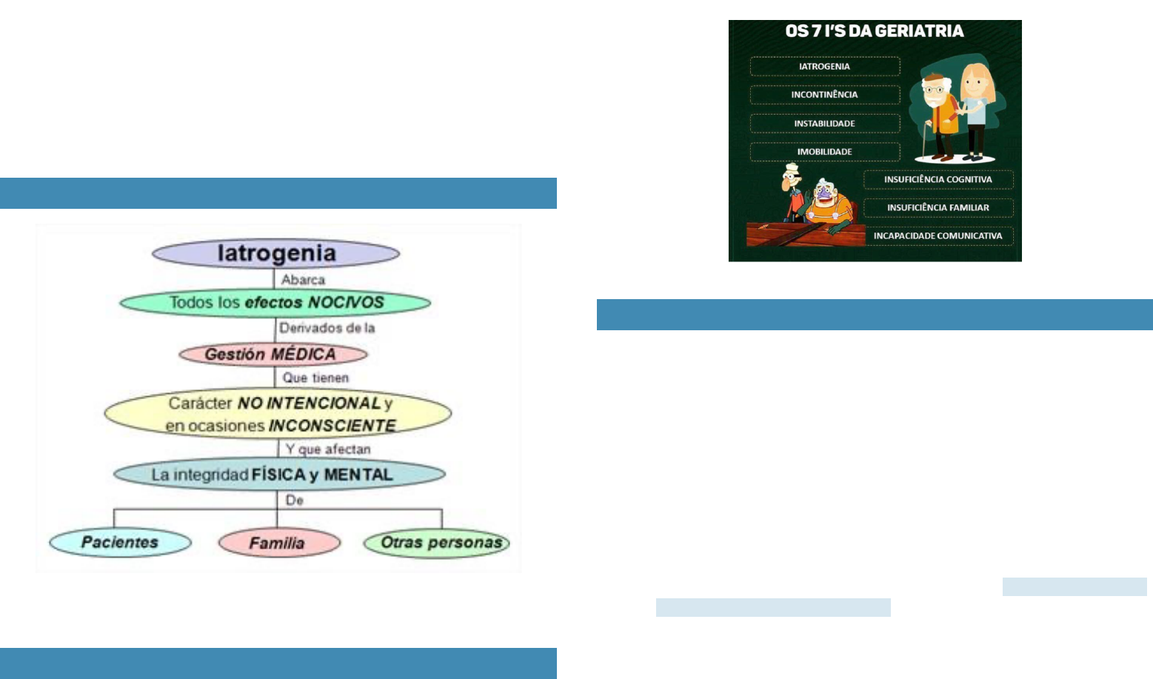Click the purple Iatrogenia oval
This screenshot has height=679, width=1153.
[x=275, y=253]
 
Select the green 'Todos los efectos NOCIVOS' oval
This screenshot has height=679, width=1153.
[x=275, y=303]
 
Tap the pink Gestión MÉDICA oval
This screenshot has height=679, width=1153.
[x=273, y=354]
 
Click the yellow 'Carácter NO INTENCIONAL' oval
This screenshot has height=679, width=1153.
[x=278, y=413]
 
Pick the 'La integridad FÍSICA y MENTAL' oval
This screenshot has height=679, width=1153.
[x=278, y=475]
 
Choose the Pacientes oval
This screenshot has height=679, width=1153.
[x=120, y=543]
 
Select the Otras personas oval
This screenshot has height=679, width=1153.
[x=437, y=543]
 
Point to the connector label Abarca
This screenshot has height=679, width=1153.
[x=303, y=280]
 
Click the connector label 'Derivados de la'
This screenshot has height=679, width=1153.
[x=327, y=328]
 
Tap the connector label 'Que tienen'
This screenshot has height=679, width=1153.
[x=315, y=378]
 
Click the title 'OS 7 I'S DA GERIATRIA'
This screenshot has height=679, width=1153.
[x=875, y=31]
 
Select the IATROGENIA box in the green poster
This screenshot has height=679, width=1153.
[x=824, y=67]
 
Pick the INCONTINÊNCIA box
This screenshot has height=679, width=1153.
[x=824, y=95]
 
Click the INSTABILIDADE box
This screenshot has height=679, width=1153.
[x=824, y=124]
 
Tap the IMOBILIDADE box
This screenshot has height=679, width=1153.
[x=824, y=152]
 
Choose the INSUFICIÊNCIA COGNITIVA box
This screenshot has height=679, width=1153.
[x=938, y=179]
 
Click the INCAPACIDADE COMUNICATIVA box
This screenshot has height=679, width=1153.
[x=938, y=236]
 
